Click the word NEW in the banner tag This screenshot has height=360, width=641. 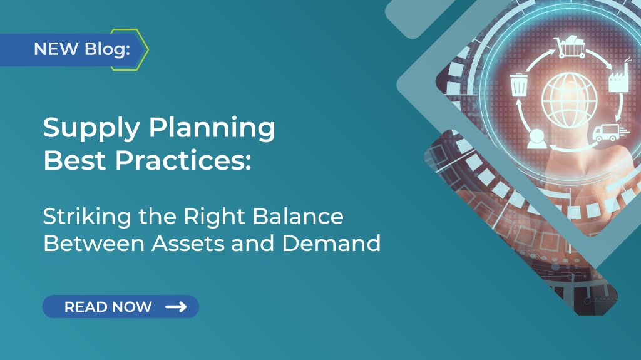click(54, 49)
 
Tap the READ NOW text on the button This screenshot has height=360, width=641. click(108, 307)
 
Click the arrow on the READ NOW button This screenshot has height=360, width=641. click(176, 307)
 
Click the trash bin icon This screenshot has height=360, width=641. click(518, 85)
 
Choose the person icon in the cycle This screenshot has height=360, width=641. click(537, 138)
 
